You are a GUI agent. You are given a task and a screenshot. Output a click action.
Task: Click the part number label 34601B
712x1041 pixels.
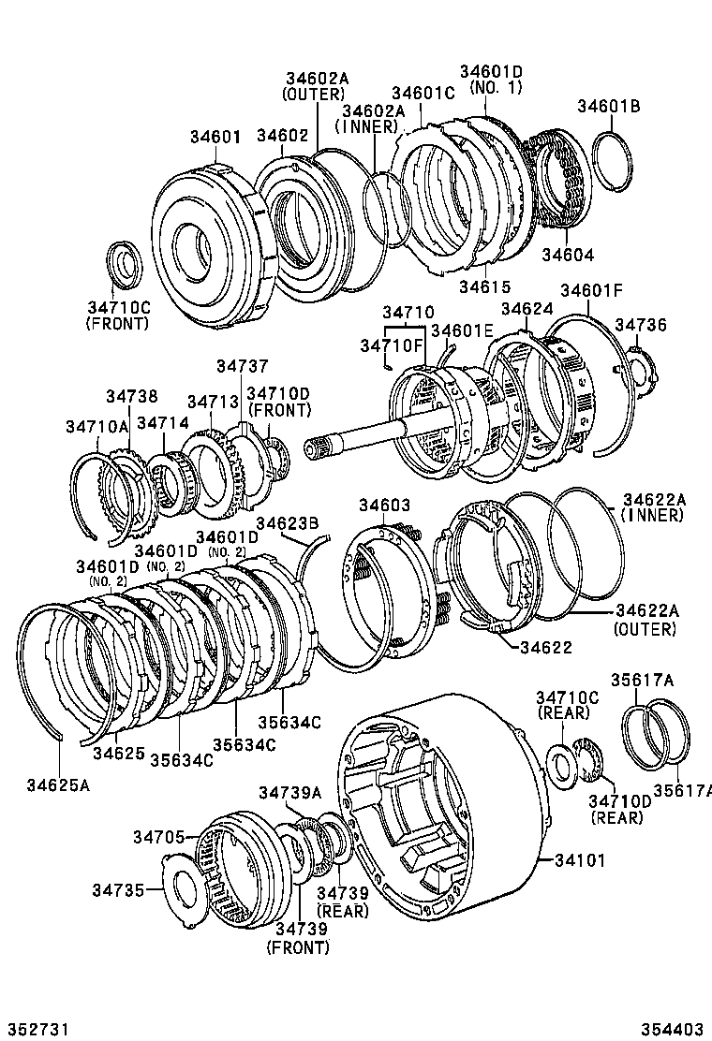pyautogui.click(x=608, y=107)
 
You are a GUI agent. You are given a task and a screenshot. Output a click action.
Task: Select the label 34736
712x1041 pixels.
pyautogui.click(x=640, y=325)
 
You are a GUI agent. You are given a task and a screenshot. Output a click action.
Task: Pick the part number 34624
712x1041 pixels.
pyautogui.click(x=527, y=308)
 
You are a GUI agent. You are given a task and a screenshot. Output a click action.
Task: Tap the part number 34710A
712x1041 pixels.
pyautogui.click(x=96, y=425)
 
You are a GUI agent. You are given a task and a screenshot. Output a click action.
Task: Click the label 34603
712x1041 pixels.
pyautogui.click(x=385, y=506)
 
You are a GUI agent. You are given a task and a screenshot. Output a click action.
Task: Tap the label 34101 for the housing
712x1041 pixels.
pyautogui.click(x=582, y=858)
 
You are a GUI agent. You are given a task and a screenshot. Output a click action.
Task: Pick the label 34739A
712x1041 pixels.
pyautogui.click(x=290, y=792)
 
